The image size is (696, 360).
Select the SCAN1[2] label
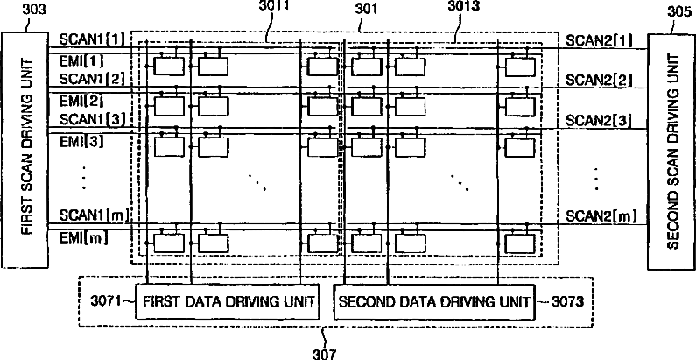coord(91,79)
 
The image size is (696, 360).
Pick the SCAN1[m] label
coord(92,215)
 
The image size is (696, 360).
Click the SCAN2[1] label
coord(599,41)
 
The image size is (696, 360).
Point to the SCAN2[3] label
coord(599,119)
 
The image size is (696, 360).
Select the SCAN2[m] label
coord(600,215)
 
